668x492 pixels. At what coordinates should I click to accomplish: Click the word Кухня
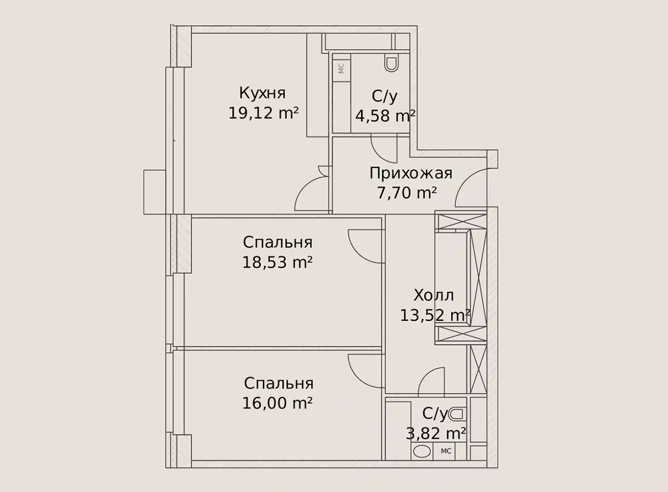click(262, 93)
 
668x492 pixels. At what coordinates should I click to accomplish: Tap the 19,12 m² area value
click(264, 113)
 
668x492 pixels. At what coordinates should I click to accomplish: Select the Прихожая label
click(411, 173)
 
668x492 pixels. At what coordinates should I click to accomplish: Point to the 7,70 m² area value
click(407, 193)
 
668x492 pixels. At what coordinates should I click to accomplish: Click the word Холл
click(434, 296)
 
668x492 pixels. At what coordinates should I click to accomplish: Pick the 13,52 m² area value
click(435, 315)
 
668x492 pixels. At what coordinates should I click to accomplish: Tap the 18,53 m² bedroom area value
click(277, 263)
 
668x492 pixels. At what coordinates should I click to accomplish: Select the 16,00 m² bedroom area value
click(277, 403)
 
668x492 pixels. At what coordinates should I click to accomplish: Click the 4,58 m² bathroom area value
click(385, 116)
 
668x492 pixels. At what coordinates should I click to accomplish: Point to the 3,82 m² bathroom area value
click(436, 433)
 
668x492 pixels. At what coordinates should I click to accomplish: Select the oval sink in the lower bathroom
click(422, 451)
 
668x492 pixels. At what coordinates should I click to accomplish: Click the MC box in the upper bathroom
click(342, 68)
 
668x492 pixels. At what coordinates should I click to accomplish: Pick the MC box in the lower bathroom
click(446, 451)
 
